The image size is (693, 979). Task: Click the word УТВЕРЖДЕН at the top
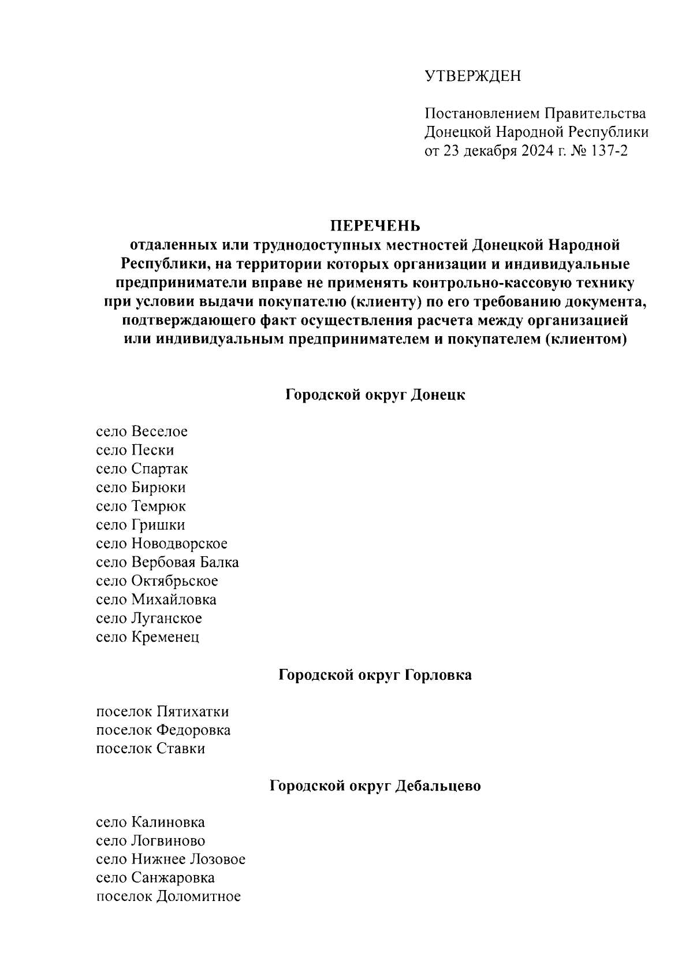pyautogui.click(x=472, y=76)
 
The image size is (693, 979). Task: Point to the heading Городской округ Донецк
pyautogui.click(x=375, y=395)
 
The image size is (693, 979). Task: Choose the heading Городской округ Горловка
pyautogui.click(x=375, y=675)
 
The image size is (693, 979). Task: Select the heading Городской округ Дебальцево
pyautogui.click(x=375, y=786)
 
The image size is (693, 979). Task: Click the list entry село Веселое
pyautogui.click(x=141, y=431)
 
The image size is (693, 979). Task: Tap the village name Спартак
pyautogui.click(x=159, y=468)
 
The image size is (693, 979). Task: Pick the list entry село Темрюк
pyautogui.click(x=140, y=506)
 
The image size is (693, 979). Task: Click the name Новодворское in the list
pyautogui.click(x=179, y=544)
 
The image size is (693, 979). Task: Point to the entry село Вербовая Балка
pyautogui.click(x=167, y=562)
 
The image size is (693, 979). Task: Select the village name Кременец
pyautogui.click(x=165, y=636)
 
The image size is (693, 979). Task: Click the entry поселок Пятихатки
pyautogui.click(x=162, y=712)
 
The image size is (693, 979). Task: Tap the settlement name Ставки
pyautogui.click(x=180, y=749)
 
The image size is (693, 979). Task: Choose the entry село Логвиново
pyautogui.click(x=150, y=840)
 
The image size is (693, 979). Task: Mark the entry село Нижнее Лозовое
pyautogui.click(x=170, y=859)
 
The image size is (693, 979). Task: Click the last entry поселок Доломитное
pyautogui.click(x=168, y=896)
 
